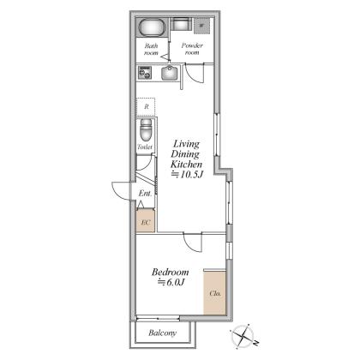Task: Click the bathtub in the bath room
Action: click(x=152, y=27)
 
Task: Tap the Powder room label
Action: click(x=192, y=49)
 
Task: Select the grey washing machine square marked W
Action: click(x=202, y=26)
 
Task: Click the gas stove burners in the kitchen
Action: click(x=145, y=73)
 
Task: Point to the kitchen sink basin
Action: click(x=170, y=73)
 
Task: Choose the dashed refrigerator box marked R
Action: click(x=146, y=106)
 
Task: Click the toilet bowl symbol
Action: click(x=146, y=130)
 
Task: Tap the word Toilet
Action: click(x=145, y=147)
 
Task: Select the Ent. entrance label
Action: click(x=145, y=193)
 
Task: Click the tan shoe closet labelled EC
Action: click(x=146, y=221)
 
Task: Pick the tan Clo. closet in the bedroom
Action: click(x=215, y=293)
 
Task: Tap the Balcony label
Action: click(x=162, y=333)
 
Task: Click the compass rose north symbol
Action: click(x=243, y=336)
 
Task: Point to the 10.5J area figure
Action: click(x=188, y=175)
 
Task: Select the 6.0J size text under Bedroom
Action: click(x=171, y=282)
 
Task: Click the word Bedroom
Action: click(x=170, y=272)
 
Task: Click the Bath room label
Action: click(x=151, y=49)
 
